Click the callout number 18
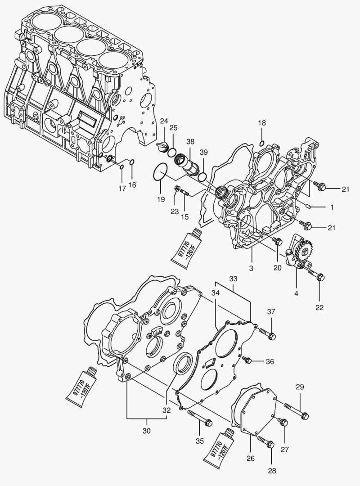(x=262, y=123)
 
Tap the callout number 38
(x=190, y=141)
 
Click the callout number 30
(x=147, y=430)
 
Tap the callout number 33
(x=233, y=279)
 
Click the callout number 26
(x=250, y=459)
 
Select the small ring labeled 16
(x=131, y=162)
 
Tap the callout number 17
(x=122, y=189)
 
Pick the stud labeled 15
(x=186, y=193)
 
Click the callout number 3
(x=251, y=268)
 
